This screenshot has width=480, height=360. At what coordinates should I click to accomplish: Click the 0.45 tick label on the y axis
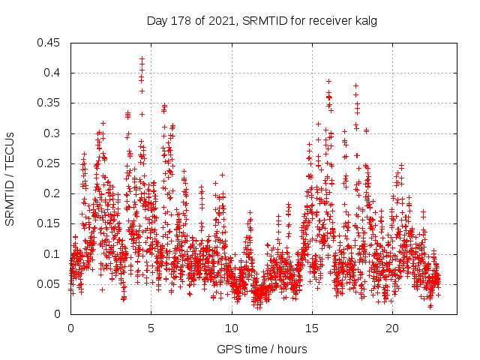point(51,43)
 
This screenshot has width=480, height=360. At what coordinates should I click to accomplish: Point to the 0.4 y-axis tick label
point(54,73)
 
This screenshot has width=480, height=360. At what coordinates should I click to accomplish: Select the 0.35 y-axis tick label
point(51,103)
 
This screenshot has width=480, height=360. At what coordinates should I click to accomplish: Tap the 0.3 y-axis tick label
point(54,133)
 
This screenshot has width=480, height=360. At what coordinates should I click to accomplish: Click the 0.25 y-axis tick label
point(51,163)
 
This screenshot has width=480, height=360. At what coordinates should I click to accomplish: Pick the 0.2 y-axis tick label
point(54,193)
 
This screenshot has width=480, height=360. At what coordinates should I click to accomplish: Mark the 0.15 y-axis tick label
point(51,223)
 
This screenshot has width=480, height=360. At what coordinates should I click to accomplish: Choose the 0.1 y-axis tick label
point(54,254)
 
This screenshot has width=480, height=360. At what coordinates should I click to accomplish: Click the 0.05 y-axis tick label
point(51,284)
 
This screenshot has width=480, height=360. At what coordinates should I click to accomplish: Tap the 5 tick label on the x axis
point(151,328)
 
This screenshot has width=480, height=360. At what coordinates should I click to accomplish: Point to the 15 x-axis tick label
point(312,328)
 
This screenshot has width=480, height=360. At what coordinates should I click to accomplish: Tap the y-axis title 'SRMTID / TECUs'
point(10,178)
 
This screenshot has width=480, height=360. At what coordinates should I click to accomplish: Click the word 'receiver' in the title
point(331,21)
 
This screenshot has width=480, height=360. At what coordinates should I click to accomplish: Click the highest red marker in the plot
point(142,58)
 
